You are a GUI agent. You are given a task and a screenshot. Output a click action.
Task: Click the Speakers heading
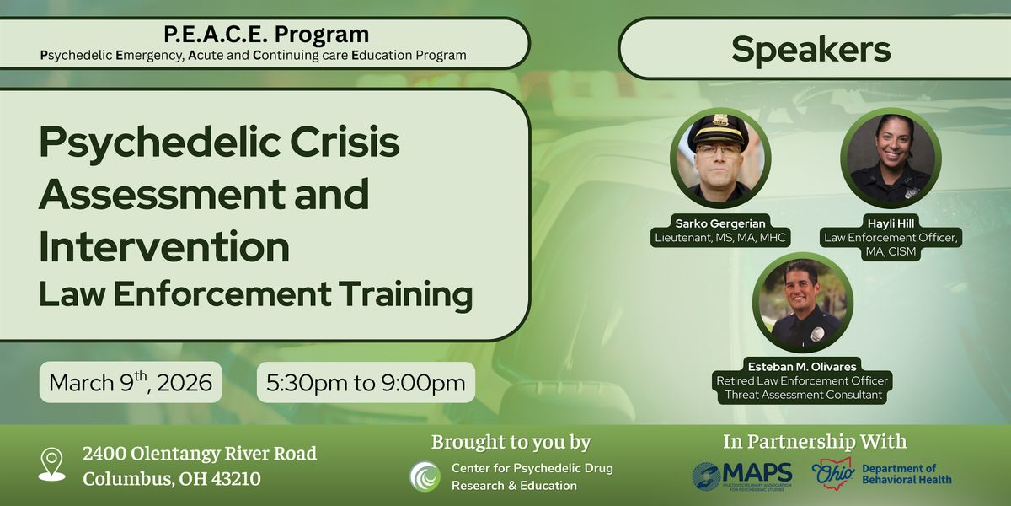coord(810,49)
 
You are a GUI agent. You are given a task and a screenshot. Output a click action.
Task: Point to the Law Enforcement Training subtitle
coord(255,294)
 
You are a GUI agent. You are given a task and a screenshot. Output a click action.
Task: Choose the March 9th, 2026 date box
coord(131,382)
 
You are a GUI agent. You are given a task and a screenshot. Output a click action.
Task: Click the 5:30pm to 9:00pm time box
coord(366,382)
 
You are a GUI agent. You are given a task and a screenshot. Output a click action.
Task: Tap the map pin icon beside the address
coord(52,466)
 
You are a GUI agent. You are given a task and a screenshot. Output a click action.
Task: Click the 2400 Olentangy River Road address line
coord(200,454)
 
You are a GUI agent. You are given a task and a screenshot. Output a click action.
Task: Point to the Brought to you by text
coord(511,442)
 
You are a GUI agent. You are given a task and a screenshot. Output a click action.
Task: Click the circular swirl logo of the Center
coord(425,476)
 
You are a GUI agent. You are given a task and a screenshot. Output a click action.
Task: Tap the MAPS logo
coord(741,475)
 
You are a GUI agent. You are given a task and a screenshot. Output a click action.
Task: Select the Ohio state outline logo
coord(833,473)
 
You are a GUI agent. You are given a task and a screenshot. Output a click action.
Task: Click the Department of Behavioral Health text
coord(907,474)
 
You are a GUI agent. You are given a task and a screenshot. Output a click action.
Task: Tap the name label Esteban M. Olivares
coord(802,366)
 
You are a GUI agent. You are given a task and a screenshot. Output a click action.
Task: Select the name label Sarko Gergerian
coord(719,223)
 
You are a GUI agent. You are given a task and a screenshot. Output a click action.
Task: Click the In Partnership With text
coord(815,442)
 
